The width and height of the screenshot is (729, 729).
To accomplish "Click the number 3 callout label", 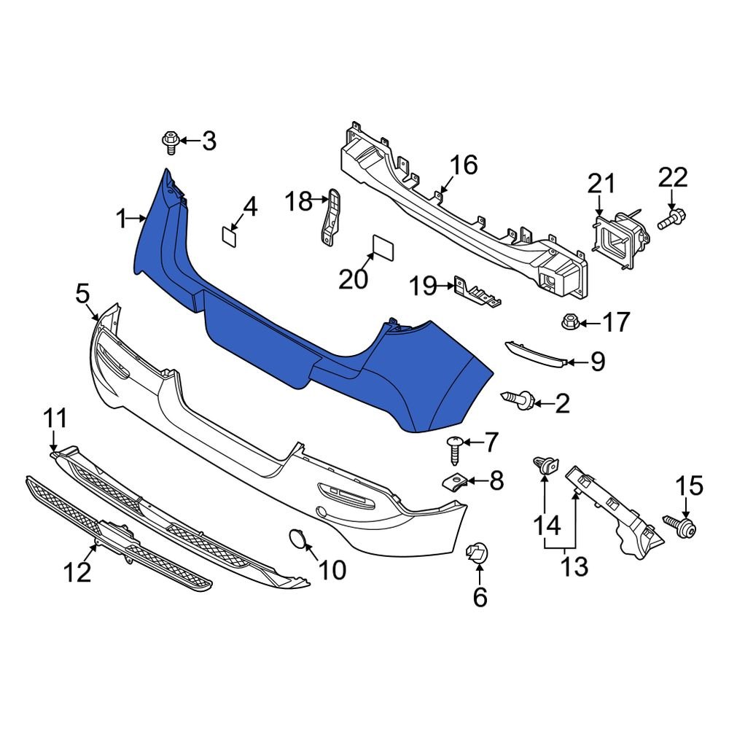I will tap(209, 141).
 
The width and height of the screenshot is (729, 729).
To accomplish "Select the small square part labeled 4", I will tap(230, 234).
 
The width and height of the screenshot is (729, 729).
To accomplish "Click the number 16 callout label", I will tap(463, 165).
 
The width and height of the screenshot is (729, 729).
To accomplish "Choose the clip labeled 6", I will tap(477, 555).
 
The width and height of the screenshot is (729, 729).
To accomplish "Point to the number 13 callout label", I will tap(575, 566).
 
